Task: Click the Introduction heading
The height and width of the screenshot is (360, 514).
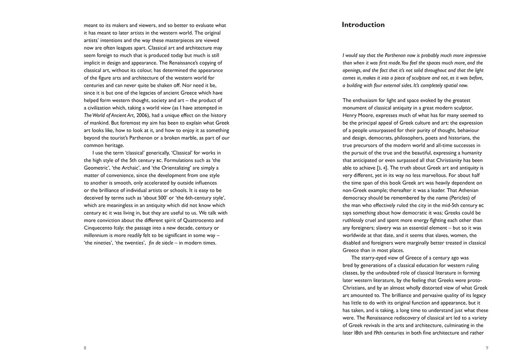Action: coord(363,25)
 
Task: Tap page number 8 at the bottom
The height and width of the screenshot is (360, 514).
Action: coord(85,348)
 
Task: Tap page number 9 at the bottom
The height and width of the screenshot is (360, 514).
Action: coord(487,348)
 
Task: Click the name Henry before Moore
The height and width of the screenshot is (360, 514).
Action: coord(351,115)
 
